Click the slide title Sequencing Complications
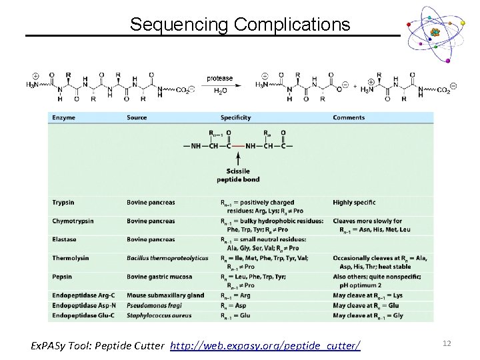click(x=239, y=25)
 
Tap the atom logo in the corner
click(x=435, y=33)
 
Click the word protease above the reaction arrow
click(x=220, y=78)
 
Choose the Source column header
click(x=137, y=118)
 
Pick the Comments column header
click(x=349, y=118)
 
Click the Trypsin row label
click(x=63, y=202)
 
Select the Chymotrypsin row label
click(x=73, y=221)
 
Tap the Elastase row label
click(x=64, y=239)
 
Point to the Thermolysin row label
click(x=70, y=258)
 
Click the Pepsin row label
click(x=62, y=277)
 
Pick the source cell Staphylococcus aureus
click(x=159, y=315)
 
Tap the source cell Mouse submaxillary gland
click(x=165, y=295)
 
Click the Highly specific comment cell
click(x=354, y=202)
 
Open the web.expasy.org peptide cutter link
click(x=265, y=345)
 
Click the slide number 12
click(x=447, y=343)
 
